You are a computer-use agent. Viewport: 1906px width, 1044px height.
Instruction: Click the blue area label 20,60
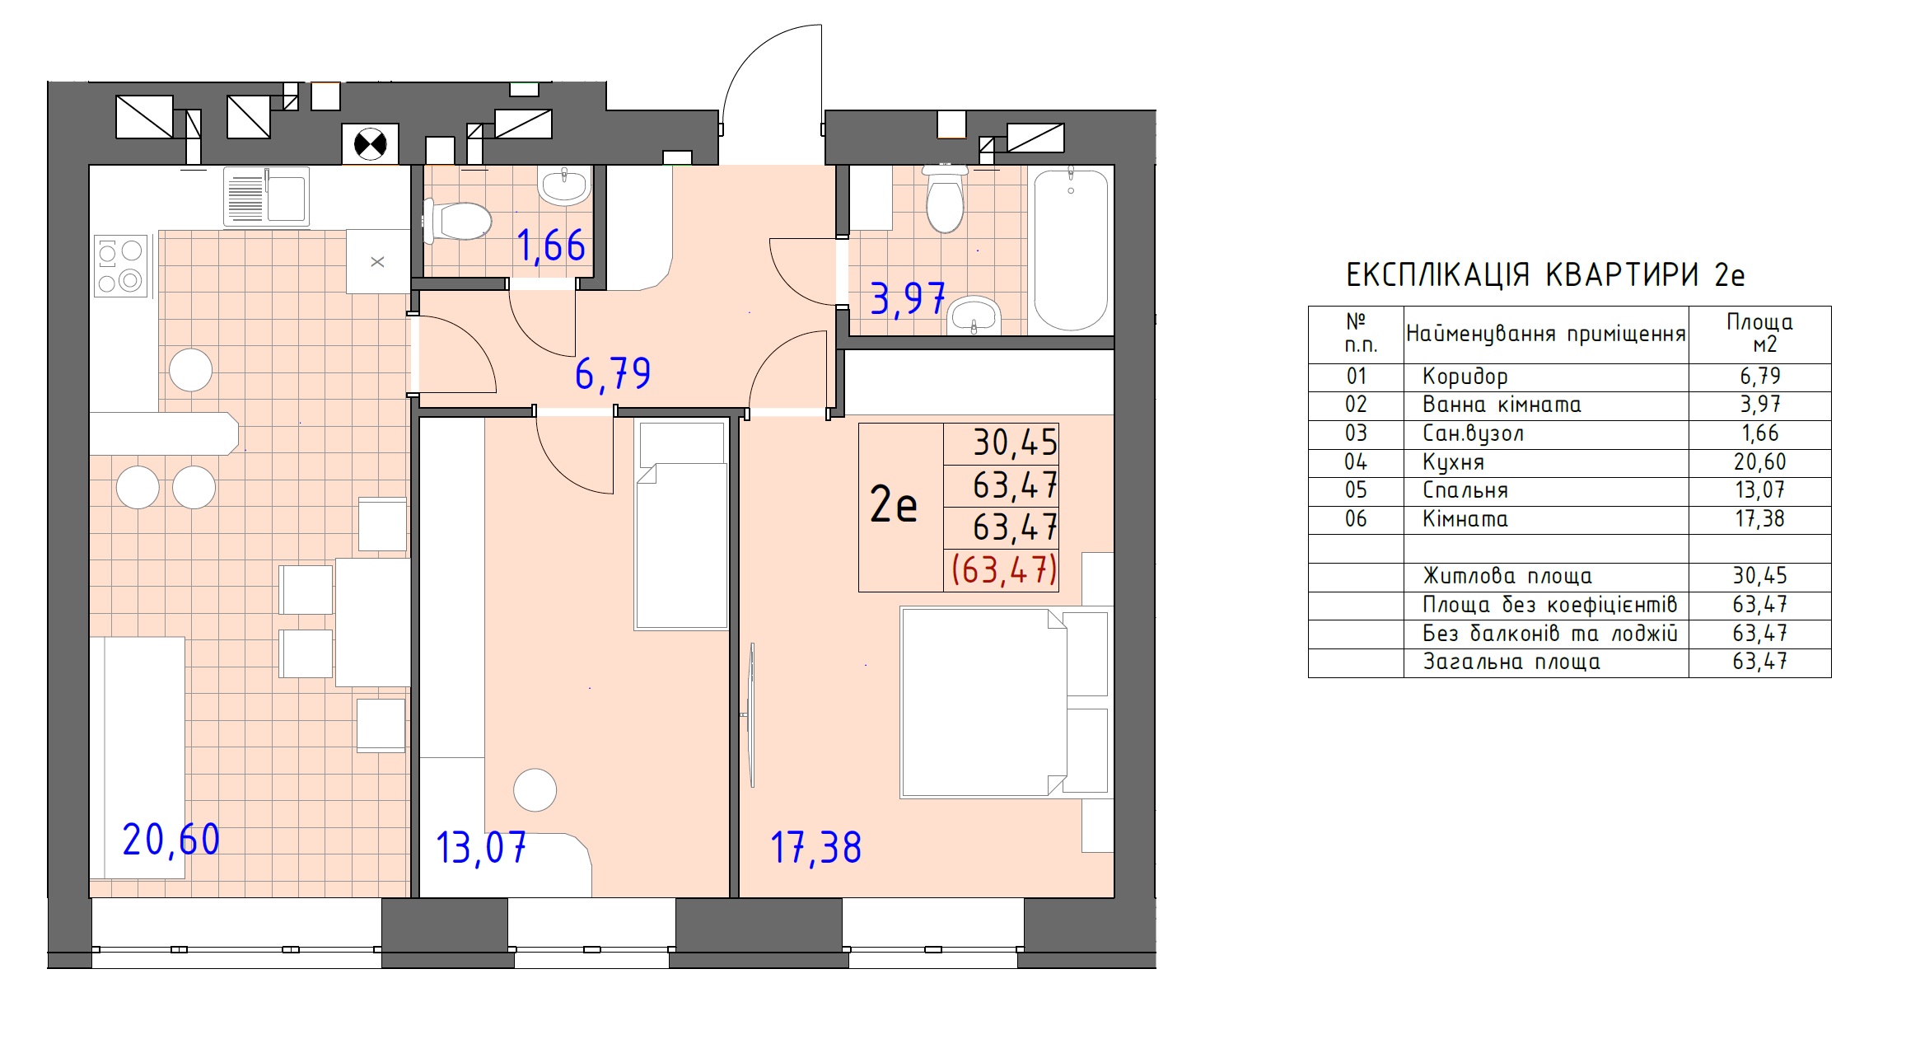[171, 840]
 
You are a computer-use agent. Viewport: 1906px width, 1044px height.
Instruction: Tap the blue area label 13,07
[481, 848]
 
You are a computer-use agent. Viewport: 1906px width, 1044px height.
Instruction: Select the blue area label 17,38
[816, 848]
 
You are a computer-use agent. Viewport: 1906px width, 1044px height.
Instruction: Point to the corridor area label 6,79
[613, 374]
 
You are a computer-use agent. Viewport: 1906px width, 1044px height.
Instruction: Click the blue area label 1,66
[551, 246]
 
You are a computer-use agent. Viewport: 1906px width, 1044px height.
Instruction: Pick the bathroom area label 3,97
[908, 298]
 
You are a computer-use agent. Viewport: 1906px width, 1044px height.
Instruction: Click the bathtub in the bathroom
[1070, 250]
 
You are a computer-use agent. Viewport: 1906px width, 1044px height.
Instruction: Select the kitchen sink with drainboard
[266, 196]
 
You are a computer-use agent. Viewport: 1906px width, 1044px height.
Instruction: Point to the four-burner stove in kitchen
[121, 266]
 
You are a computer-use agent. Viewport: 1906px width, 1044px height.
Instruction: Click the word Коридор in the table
[1465, 377]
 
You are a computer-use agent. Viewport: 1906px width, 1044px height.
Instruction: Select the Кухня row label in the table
[1454, 463]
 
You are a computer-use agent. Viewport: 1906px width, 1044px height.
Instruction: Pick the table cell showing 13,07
[1760, 490]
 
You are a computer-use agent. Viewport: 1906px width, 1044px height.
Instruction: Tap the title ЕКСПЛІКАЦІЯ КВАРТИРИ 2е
[1545, 275]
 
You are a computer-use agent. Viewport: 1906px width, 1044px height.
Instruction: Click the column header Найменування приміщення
[1546, 334]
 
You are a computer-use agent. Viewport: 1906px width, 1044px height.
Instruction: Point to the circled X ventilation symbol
[371, 145]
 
